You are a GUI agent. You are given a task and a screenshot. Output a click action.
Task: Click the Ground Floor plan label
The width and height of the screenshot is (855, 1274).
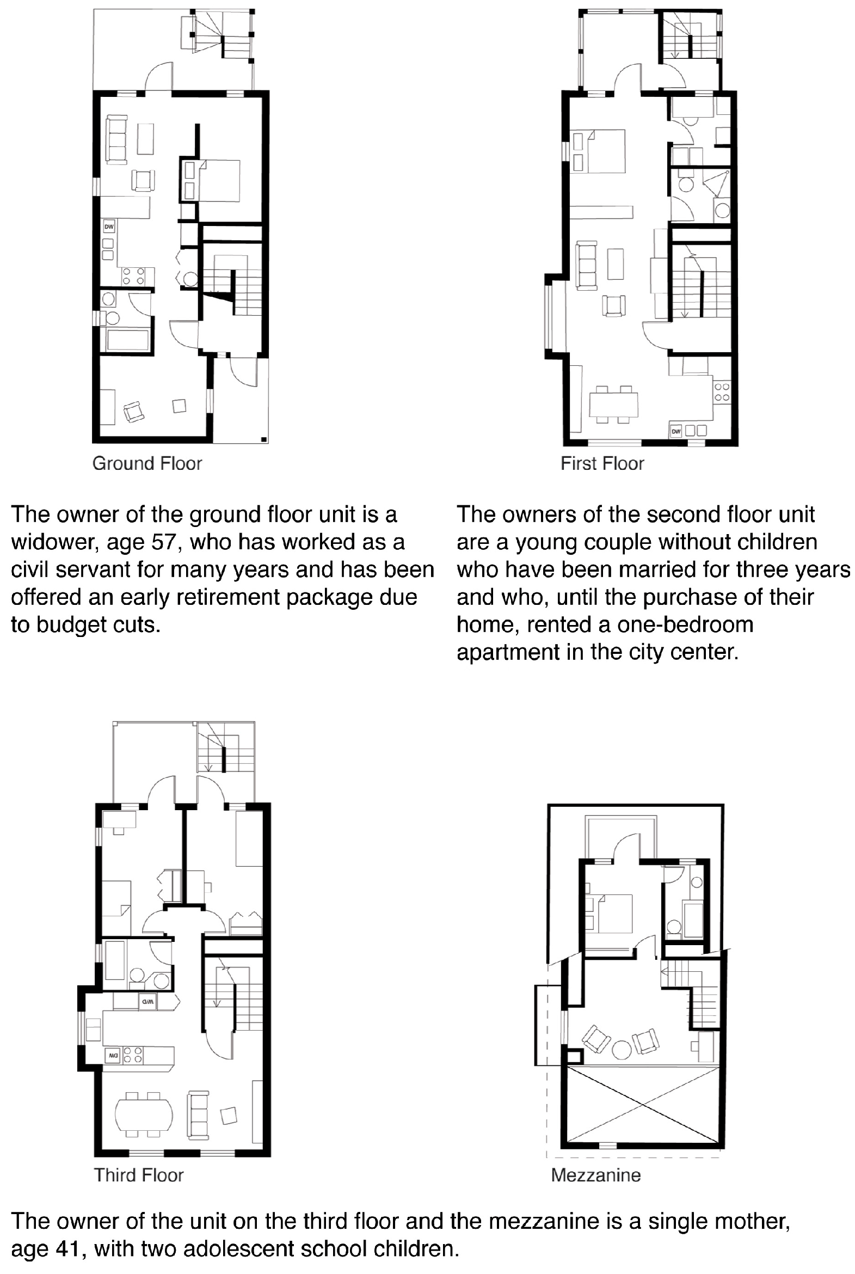pyautogui.click(x=147, y=463)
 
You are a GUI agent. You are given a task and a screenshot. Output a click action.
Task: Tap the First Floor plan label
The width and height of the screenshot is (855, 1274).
pyautogui.click(x=602, y=463)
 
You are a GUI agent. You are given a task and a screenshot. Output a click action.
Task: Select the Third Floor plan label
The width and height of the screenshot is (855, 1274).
pyautogui.click(x=138, y=1175)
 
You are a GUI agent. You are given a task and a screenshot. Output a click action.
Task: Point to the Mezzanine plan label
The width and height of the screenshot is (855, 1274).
pyautogui.click(x=595, y=1175)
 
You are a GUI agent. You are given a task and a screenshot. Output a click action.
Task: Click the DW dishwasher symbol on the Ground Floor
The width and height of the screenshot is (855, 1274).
pyautogui.click(x=109, y=226)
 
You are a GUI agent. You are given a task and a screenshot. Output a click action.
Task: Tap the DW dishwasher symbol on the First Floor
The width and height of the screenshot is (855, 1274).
pyautogui.click(x=675, y=431)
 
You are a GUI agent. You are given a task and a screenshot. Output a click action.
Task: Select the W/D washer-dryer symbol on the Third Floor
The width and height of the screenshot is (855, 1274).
pyautogui.click(x=148, y=1001)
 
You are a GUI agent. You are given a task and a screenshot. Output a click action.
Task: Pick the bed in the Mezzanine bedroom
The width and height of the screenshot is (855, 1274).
pyautogui.click(x=613, y=914)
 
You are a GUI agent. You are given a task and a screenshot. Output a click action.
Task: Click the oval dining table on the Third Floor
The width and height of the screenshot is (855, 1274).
pyautogui.click(x=144, y=1115)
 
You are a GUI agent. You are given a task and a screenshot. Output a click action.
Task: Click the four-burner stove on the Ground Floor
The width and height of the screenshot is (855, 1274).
pyautogui.click(x=133, y=276)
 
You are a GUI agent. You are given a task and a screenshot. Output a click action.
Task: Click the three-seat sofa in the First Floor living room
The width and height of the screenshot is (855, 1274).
pyautogui.click(x=587, y=266)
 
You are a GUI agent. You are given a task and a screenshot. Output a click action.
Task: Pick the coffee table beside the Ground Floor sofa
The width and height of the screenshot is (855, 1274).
pyautogui.click(x=146, y=139)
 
